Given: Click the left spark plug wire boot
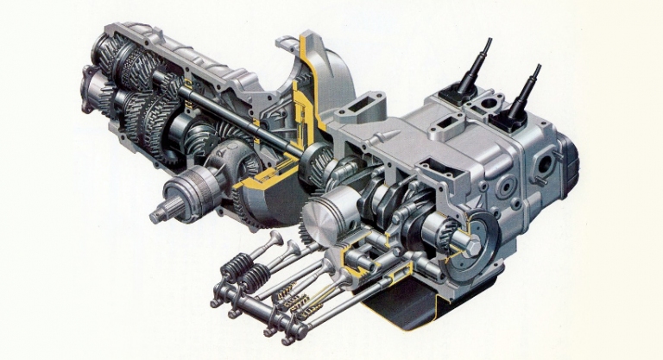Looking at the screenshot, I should (x=474, y=64).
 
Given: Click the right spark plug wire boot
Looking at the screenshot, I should (x=521, y=92).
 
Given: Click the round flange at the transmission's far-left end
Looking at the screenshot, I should (x=91, y=86).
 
